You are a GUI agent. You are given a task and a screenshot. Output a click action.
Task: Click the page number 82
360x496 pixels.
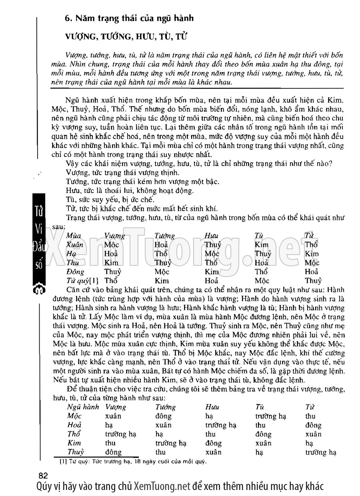(43, 476)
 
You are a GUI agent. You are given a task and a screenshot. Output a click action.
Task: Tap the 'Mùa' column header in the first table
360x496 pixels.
(73, 236)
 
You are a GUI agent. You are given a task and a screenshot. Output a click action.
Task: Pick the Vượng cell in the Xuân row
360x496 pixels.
(111, 245)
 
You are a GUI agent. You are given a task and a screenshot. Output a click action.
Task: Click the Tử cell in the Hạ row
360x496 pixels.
(312, 254)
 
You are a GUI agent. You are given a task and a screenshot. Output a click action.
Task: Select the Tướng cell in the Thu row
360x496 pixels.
(163, 263)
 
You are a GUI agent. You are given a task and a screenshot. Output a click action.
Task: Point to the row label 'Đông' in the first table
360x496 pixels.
(74, 272)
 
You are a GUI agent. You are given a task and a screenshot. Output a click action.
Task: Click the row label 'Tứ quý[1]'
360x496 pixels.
(78, 281)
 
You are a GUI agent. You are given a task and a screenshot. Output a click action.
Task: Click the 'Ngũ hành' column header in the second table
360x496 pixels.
(83, 407)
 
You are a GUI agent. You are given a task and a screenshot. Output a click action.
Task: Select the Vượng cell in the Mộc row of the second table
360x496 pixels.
(113, 416)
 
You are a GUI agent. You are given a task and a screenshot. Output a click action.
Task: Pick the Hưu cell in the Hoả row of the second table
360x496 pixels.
(220, 425)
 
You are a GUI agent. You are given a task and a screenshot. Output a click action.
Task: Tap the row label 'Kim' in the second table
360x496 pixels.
(74, 443)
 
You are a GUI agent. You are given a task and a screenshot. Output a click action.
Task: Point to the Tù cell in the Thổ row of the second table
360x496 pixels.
(263, 434)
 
